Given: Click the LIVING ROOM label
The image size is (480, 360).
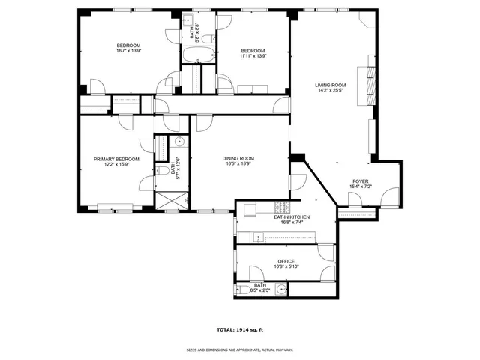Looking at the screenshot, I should click(x=330, y=85).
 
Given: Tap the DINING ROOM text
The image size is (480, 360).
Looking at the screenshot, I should click(x=238, y=158).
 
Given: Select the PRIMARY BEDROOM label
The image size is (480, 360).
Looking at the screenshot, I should click(x=116, y=159).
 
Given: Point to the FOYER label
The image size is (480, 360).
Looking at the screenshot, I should click(x=361, y=181).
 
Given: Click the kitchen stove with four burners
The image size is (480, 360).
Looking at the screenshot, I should click(x=283, y=207).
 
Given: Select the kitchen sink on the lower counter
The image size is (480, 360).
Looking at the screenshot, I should click(x=259, y=238).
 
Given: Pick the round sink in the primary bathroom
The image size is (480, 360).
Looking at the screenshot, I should click(x=180, y=142).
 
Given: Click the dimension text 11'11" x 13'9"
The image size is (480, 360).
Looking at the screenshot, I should click(x=253, y=56).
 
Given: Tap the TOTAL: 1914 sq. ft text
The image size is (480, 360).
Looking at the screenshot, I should click(x=239, y=330).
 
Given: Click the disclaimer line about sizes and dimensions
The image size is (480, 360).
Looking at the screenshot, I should click(x=239, y=349).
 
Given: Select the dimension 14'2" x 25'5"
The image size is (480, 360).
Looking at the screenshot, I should click(x=330, y=91).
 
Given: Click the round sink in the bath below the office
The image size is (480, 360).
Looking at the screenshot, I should click(x=280, y=289).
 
